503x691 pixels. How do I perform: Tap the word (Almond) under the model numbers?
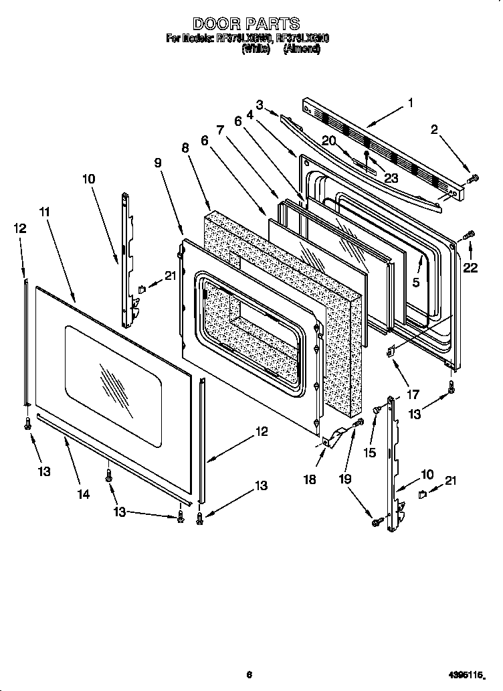tap(302, 49)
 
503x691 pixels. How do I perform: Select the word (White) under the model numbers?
tap(255, 49)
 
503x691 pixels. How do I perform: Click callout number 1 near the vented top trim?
tap(410, 103)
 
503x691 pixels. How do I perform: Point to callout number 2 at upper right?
tap(434, 131)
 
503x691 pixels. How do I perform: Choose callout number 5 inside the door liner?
tap(415, 283)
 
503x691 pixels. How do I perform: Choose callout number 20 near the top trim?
tap(328, 140)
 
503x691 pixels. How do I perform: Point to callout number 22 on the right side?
tap(470, 268)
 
